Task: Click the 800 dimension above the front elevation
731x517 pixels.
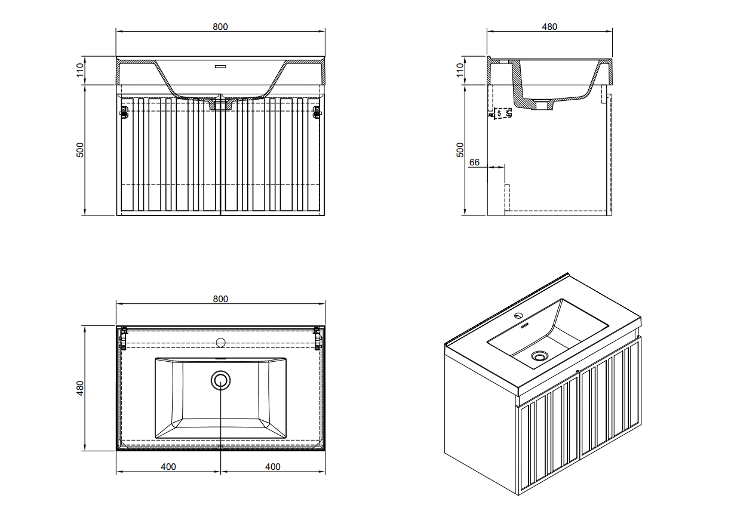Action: click(x=220, y=27)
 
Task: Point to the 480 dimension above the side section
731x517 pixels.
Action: click(x=549, y=27)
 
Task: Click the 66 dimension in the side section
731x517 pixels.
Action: click(x=475, y=162)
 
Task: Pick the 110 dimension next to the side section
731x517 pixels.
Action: click(x=460, y=70)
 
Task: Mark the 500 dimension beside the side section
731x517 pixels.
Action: click(x=460, y=150)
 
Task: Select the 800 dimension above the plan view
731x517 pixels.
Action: click(x=220, y=299)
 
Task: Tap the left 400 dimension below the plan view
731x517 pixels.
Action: click(x=169, y=467)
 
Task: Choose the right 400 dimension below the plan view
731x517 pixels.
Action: click(x=273, y=467)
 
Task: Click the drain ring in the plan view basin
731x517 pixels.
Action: click(x=221, y=380)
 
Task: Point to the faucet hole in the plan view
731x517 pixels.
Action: click(x=221, y=343)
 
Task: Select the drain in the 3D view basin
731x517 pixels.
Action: click(x=539, y=356)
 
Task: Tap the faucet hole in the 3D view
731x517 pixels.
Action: click(x=518, y=316)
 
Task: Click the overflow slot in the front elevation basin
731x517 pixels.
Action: click(x=221, y=66)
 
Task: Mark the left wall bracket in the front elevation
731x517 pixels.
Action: click(x=124, y=112)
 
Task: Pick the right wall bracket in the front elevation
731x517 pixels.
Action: click(x=317, y=112)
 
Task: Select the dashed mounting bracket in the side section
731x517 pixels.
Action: click(x=500, y=113)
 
